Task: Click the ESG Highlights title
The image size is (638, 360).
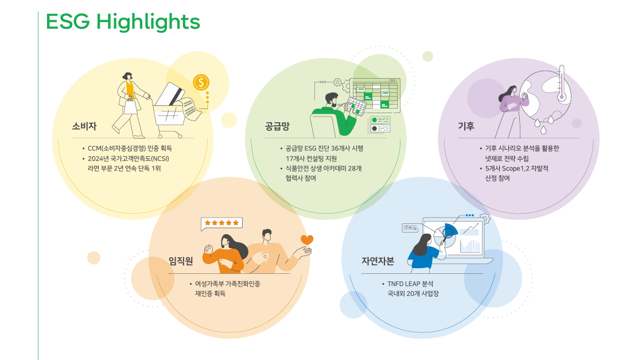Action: pyautogui.click(x=122, y=22)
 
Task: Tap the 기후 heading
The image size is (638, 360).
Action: pyautogui.click(x=465, y=126)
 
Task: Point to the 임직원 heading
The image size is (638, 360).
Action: pyautogui.click(x=180, y=261)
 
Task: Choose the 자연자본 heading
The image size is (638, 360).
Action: pyautogui.click(x=378, y=261)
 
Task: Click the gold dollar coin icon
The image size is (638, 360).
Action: pyautogui.click(x=201, y=82)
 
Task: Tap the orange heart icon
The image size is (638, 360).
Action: pyautogui.click(x=307, y=240)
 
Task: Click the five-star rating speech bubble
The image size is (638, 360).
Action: pyautogui.click(x=221, y=223)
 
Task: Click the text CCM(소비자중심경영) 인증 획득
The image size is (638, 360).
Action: pyautogui.click(x=131, y=148)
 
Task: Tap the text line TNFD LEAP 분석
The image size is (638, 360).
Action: pyautogui.click(x=410, y=284)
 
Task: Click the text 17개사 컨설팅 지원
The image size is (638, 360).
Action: pyautogui.click(x=311, y=158)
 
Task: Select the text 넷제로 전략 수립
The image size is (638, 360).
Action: pyautogui.click(x=507, y=158)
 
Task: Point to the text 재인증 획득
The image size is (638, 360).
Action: pyautogui.click(x=210, y=293)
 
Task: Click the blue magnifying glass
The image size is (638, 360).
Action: pyautogui.click(x=446, y=234)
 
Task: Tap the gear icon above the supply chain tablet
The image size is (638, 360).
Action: pyautogui.click(x=337, y=83)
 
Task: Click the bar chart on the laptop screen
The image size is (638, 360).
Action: pyautogui.click(x=470, y=246)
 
